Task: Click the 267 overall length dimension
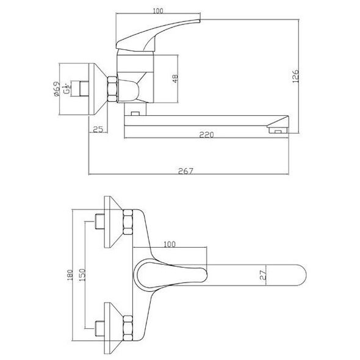click(x=185, y=171)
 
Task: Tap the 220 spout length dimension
click(x=206, y=134)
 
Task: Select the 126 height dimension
click(x=295, y=76)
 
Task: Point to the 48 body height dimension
click(x=175, y=79)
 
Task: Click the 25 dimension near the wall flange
click(x=98, y=129)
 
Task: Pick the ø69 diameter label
click(x=57, y=89)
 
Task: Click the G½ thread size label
click(x=67, y=89)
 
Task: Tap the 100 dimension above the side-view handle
click(x=158, y=10)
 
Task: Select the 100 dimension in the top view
click(x=170, y=244)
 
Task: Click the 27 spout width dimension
click(x=263, y=275)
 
